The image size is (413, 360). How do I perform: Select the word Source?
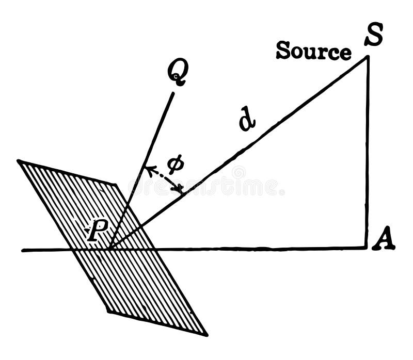point(313,52)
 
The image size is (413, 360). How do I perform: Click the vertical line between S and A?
point(368,155)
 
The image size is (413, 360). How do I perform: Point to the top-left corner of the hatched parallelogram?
point(18,161)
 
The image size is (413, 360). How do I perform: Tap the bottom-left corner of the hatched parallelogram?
point(107,312)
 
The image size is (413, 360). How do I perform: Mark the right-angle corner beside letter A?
point(368,249)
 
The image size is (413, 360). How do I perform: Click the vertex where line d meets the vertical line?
point(368,56)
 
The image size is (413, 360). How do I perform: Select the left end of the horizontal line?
point(22,251)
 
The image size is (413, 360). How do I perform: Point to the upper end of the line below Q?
point(173,93)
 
